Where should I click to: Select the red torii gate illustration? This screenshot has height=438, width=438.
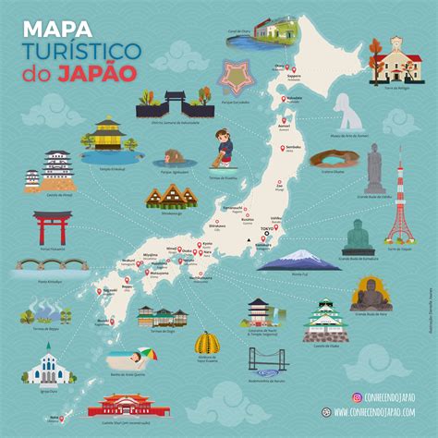(52, 226)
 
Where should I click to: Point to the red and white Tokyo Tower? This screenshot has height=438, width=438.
(400, 208)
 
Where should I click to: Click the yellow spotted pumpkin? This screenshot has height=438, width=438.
(207, 344)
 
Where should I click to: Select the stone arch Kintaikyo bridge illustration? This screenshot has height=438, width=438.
(51, 267)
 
